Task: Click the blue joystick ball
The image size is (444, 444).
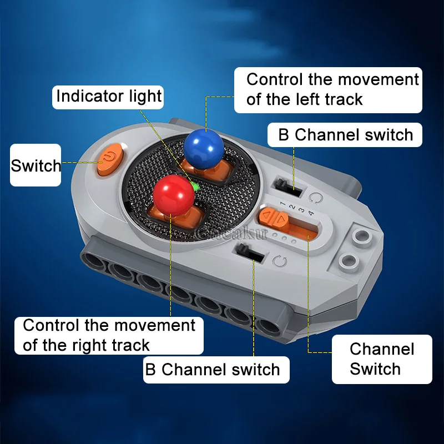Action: [204, 148]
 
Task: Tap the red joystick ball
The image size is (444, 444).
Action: [174, 195]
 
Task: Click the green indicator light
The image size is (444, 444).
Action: [195, 186]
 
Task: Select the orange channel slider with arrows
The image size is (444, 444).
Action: [274, 218]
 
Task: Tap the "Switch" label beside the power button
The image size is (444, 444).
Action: [36, 165]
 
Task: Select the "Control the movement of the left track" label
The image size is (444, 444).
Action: [328, 90]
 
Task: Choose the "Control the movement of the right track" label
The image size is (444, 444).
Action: [109, 336]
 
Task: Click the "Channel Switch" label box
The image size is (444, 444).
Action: [382, 359]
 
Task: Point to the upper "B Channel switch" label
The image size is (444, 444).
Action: [345, 135]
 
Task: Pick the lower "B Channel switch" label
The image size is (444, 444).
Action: [216, 370]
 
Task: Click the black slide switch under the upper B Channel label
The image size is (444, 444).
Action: [288, 188]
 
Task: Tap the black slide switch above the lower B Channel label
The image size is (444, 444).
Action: [250, 253]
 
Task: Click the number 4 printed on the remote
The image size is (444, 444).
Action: [311, 213]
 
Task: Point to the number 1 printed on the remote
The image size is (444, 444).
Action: [282, 203]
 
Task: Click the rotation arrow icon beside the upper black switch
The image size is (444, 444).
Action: [316, 198]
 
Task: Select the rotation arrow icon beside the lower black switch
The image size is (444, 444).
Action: [280, 261]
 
